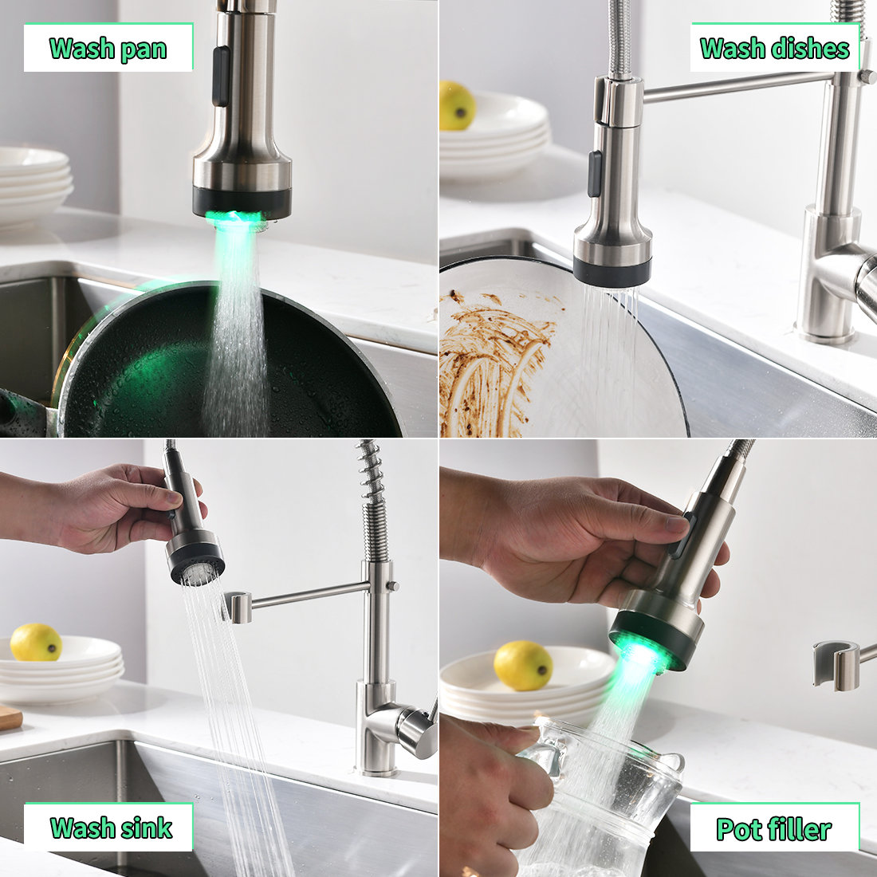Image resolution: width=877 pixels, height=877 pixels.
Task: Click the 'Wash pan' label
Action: [108, 48]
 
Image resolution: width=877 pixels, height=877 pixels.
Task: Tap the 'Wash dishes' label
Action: [774, 48]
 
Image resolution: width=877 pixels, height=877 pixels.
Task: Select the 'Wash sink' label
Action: [110, 827]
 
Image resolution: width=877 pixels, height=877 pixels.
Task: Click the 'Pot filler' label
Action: [773, 828]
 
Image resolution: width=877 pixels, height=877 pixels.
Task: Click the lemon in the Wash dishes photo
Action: [457, 106]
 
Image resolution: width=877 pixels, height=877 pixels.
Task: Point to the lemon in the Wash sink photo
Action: [35, 642]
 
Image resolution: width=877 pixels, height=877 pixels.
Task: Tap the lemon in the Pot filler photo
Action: [523, 665]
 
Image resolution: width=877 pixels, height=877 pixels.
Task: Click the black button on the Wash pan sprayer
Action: [221, 77]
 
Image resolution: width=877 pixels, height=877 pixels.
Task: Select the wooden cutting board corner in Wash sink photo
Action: [10, 717]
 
